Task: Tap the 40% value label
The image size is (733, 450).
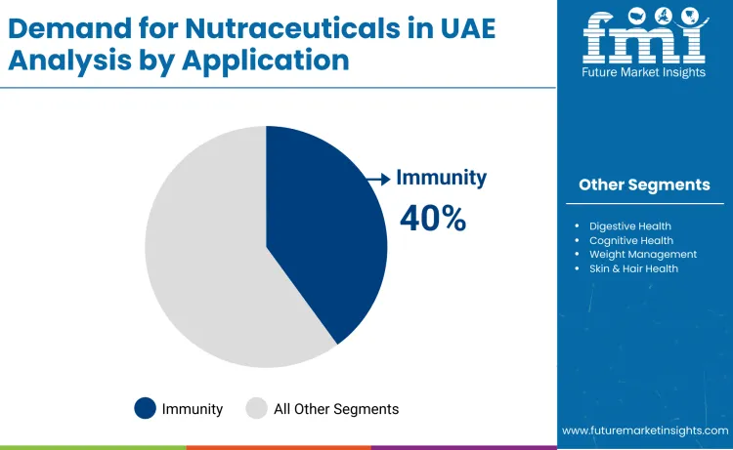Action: click(x=433, y=219)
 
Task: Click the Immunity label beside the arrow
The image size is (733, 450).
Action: click(x=441, y=178)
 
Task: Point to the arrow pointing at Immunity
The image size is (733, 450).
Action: click(x=378, y=179)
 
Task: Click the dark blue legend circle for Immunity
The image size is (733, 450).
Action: click(x=145, y=409)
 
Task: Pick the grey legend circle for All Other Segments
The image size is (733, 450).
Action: click(x=256, y=409)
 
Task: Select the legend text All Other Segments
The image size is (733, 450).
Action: click(x=336, y=409)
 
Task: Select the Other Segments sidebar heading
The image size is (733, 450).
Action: click(x=644, y=184)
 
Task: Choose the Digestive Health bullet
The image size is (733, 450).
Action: click(x=629, y=226)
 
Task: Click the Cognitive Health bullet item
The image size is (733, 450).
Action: click(x=630, y=240)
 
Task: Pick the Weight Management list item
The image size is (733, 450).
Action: click(x=642, y=254)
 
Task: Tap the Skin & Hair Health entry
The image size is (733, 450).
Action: click(x=633, y=267)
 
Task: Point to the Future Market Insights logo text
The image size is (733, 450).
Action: click(x=643, y=72)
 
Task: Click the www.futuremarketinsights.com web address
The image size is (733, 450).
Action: click(x=645, y=430)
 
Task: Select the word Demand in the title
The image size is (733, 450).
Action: click(x=59, y=28)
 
